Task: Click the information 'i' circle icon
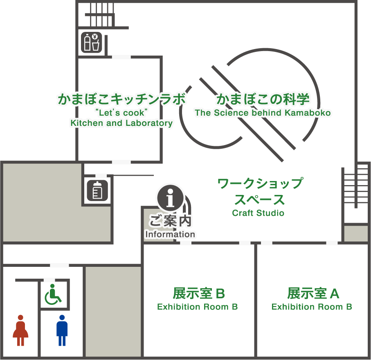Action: tap(171, 197)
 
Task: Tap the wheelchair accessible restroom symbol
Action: tap(53, 294)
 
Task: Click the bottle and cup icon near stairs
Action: tap(91, 42)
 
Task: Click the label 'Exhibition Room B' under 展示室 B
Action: tap(198, 307)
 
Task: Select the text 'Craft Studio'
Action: tap(258, 213)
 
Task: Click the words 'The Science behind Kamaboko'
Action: tap(263, 113)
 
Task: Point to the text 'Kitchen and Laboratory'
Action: tap(121, 123)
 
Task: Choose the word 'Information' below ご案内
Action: tap(170, 235)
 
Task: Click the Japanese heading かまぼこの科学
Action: tap(263, 99)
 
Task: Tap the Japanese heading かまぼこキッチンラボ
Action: tap(121, 99)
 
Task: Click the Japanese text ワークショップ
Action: tap(260, 183)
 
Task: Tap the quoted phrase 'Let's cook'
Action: tap(121, 112)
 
